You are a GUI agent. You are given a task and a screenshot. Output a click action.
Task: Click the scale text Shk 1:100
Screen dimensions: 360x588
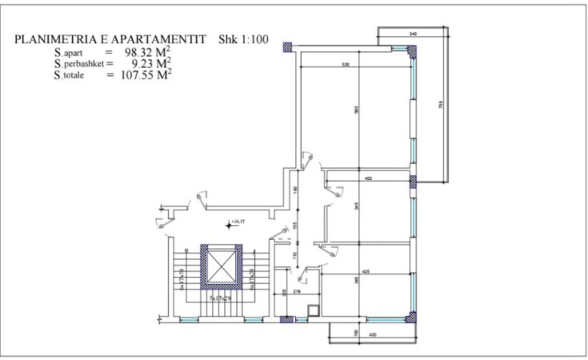click(244, 39)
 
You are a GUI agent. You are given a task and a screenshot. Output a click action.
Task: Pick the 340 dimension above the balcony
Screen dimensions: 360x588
click(413, 34)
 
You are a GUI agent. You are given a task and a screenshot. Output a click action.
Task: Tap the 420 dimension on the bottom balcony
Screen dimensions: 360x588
click(372, 334)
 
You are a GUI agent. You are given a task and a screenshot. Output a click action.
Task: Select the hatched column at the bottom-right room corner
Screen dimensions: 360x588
click(413, 317)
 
